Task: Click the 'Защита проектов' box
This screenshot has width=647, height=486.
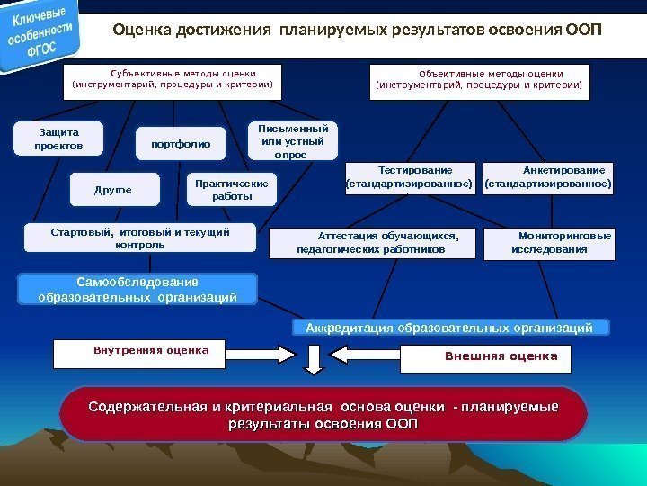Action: [x=58, y=139]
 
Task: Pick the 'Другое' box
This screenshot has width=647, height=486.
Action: [x=114, y=190]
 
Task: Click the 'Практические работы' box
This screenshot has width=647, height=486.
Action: [x=232, y=189]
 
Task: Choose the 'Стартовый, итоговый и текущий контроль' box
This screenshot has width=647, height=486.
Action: [x=140, y=238]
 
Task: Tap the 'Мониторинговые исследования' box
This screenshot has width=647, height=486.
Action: [x=551, y=242]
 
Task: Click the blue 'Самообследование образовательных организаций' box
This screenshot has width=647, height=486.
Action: [x=137, y=289]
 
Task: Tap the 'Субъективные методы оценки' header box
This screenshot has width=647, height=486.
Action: [x=172, y=81]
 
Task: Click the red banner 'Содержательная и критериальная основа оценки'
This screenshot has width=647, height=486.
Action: [x=323, y=414]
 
